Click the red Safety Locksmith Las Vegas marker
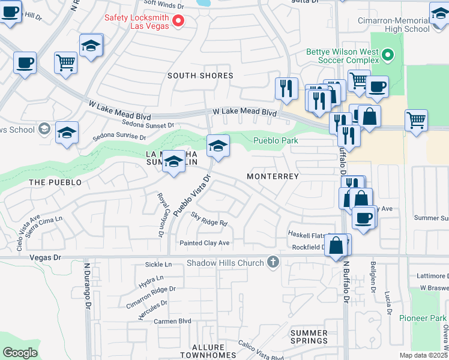178,22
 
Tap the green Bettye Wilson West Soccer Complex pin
388,56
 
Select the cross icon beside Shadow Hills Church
273,262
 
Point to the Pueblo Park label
276,140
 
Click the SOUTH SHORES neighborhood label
200,76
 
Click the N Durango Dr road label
86,294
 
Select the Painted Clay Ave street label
205,243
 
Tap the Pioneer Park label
424,318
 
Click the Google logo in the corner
20,353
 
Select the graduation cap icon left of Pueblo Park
217,145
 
